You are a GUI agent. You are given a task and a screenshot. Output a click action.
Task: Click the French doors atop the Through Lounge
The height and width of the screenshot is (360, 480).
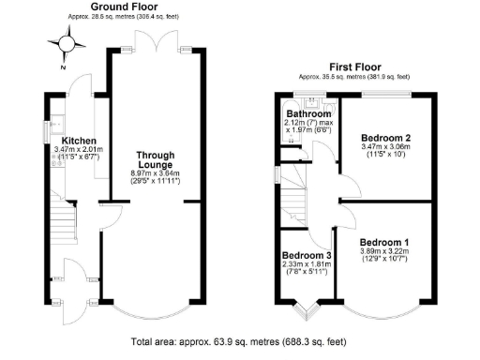click(154, 42)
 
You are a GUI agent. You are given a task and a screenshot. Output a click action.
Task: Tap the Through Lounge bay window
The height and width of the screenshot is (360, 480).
click(153, 309)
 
